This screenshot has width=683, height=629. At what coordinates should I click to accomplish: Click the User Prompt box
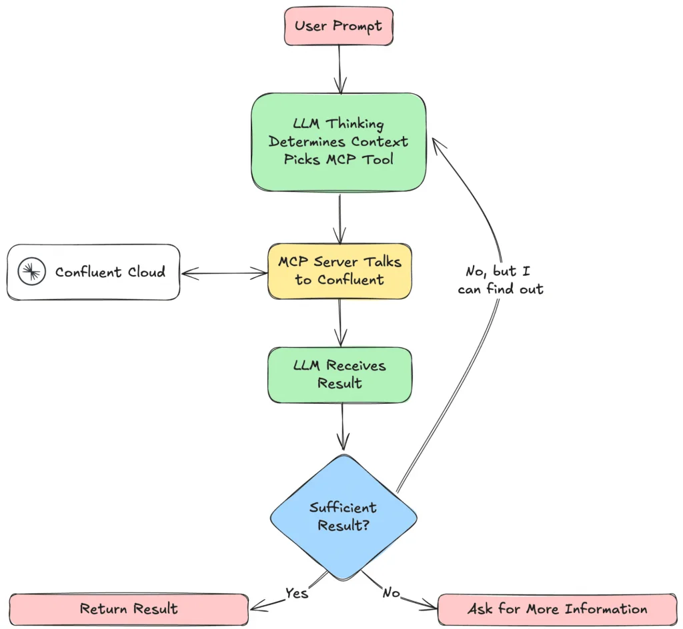click(339, 27)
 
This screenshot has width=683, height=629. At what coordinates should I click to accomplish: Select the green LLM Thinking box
click(339, 142)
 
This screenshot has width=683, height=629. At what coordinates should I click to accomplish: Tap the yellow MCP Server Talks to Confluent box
click(339, 271)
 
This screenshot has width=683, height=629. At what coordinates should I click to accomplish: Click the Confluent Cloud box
click(93, 272)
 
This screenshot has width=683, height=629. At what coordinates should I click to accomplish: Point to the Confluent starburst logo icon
click(32, 272)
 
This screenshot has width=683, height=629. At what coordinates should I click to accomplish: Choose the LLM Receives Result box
click(339, 374)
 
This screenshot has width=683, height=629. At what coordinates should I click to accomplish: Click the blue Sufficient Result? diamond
click(343, 516)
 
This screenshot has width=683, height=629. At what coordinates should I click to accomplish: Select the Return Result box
click(129, 608)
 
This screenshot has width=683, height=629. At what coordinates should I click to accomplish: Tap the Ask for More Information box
click(557, 609)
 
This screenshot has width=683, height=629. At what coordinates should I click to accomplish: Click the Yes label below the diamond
click(297, 592)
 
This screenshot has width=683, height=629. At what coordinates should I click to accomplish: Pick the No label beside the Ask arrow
click(390, 592)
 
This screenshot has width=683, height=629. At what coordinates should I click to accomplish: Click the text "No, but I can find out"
click(500, 280)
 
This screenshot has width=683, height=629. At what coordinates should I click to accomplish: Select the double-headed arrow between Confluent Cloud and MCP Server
click(224, 273)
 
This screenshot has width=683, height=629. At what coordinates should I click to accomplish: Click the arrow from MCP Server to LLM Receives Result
click(340, 322)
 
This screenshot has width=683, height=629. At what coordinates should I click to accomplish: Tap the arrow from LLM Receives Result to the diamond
click(343, 426)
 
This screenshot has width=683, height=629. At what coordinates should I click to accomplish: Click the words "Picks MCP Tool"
click(338, 160)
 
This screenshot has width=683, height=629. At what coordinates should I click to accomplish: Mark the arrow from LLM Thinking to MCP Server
click(340, 217)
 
